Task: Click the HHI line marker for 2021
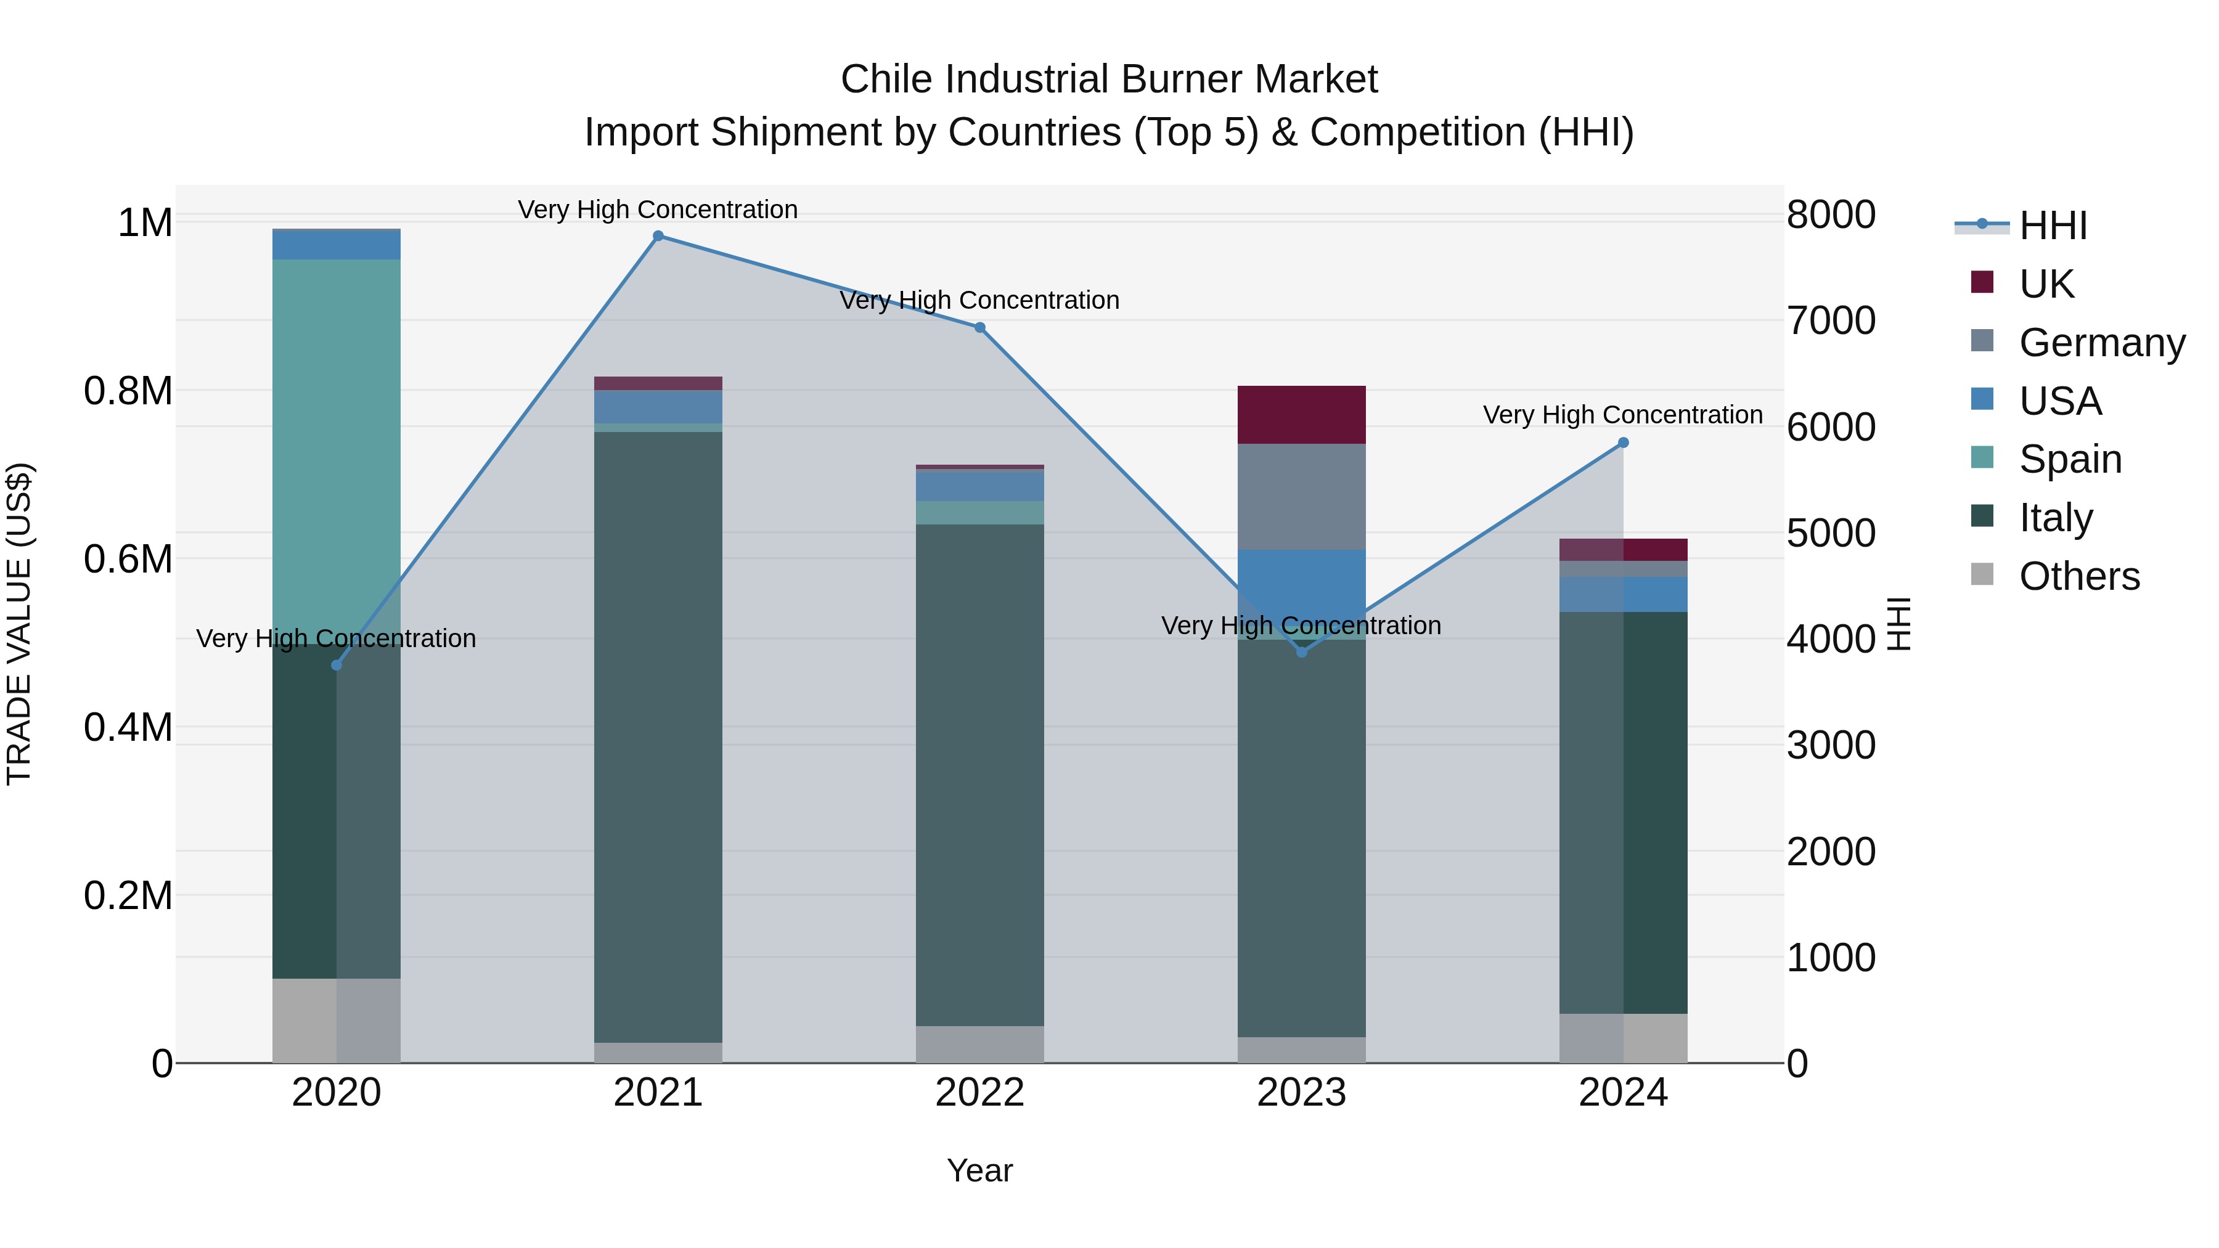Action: click(x=658, y=236)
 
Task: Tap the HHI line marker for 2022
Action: click(x=979, y=328)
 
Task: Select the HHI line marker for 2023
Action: click(x=1302, y=652)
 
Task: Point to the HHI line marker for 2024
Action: click(x=1623, y=443)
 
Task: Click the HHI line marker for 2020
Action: click(x=337, y=665)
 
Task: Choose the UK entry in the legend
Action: click(x=2046, y=283)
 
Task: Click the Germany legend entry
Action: click(x=2101, y=342)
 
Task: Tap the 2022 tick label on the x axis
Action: click(x=979, y=1092)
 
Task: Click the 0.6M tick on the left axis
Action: click(x=128, y=559)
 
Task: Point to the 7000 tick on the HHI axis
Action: click(x=1831, y=320)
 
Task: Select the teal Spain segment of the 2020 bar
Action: click(x=337, y=431)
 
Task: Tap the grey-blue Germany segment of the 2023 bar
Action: click(x=1302, y=496)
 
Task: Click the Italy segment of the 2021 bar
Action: click(x=658, y=736)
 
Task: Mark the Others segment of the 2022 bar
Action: click(x=979, y=1044)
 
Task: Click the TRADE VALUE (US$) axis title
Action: click(x=19, y=624)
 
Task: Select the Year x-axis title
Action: click(x=979, y=1170)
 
